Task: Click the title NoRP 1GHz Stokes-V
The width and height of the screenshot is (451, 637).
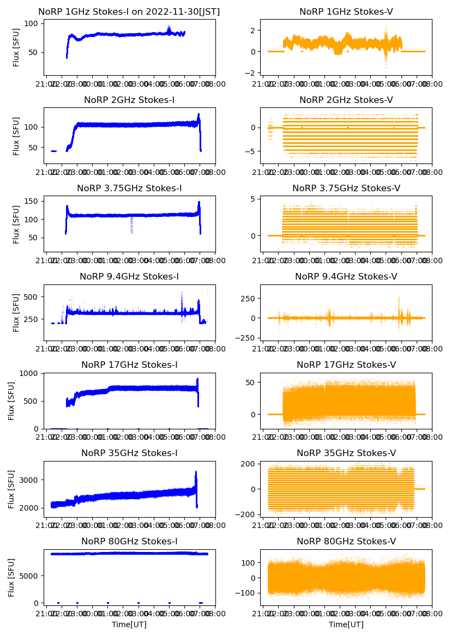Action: tap(346, 12)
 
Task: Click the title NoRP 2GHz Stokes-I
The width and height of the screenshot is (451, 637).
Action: tap(129, 100)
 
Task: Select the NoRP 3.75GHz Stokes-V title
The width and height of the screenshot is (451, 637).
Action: tap(346, 189)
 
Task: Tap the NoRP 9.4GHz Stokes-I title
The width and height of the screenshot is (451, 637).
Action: tap(129, 277)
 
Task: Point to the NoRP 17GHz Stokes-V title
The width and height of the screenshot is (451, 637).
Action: tap(346, 365)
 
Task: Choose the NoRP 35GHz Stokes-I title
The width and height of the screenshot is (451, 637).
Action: tap(129, 453)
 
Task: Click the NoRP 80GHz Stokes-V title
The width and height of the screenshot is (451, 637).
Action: tap(346, 542)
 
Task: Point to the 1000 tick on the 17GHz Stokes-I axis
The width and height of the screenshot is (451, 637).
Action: tap(29, 373)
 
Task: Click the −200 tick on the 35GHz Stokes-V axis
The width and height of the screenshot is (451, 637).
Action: tap(246, 515)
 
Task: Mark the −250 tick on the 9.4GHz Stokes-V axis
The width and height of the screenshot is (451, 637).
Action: tap(246, 338)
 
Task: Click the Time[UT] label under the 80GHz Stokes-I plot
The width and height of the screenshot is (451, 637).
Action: tap(129, 624)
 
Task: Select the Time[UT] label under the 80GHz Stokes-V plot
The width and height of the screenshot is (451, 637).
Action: tap(346, 624)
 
